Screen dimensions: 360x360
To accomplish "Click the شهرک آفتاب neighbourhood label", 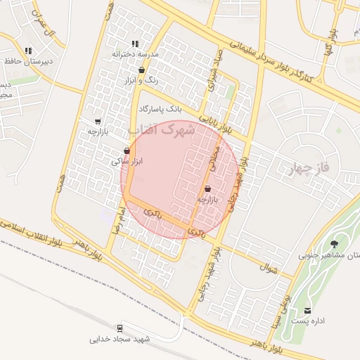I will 161,130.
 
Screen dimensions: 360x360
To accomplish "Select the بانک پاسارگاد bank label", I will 160,109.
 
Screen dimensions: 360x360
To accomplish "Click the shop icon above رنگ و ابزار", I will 143,70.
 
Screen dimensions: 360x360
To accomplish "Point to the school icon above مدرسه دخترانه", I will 135,44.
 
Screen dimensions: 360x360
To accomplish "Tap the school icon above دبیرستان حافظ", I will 28,51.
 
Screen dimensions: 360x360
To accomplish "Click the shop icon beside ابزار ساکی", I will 127,150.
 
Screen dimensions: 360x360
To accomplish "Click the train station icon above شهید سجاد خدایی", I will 120,328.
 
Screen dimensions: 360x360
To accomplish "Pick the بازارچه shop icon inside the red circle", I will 207,188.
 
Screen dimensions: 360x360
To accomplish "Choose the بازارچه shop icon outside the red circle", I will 97,121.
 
